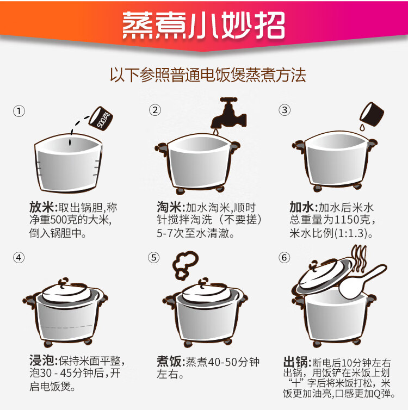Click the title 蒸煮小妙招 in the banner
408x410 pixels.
point(203,26)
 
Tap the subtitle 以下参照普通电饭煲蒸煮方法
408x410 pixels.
point(208,75)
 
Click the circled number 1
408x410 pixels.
point(19,111)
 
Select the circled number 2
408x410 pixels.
point(155,110)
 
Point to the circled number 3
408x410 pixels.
point(285,110)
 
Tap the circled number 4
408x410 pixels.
point(19,258)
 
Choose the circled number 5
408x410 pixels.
point(153,258)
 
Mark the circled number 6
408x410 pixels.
point(285,258)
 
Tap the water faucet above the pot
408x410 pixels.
point(228,114)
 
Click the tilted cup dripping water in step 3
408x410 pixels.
point(372,113)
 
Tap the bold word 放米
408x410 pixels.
point(42,207)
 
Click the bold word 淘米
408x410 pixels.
point(170,207)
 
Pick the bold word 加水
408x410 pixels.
point(302,207)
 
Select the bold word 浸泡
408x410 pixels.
point(42,361)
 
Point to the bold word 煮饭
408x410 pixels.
point(170,362)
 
